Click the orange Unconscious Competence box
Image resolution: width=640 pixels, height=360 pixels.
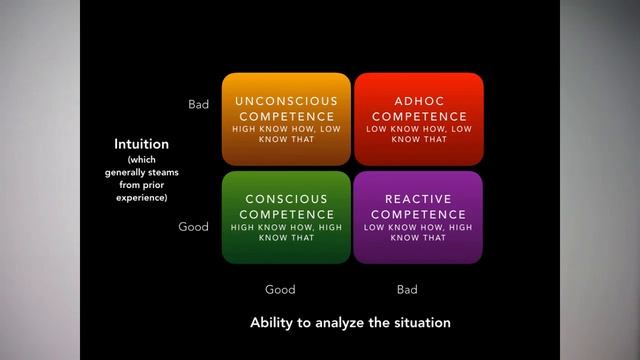click(x=285, y=119)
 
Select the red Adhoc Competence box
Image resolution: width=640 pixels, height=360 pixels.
click(x=419, y=119)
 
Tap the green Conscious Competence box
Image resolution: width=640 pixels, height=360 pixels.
click(x=285, y=218)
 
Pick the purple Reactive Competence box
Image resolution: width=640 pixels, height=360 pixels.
click(x=419, y=218)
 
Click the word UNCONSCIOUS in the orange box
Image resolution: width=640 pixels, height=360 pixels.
click(x=285, y=101)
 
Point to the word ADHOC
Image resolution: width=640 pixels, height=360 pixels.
click(x=419, y=101)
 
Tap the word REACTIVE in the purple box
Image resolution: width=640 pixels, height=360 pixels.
click(x=419, y=199)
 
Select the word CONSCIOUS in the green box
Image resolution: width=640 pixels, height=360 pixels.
click(x=285, y=199)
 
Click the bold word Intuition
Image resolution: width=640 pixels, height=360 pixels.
click(x=141, y=144)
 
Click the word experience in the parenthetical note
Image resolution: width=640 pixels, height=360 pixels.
click(x=141, y=197)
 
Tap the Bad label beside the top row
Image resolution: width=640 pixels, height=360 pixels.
click(x=198, y=104)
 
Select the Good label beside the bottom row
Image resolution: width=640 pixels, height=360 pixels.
click(x=193, y=227)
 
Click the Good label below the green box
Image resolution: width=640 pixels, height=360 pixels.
click(x=280, y=290)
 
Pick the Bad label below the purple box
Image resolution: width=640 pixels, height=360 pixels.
click(x=407, y=290)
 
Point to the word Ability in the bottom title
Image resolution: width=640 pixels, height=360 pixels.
click(x=271, y=323)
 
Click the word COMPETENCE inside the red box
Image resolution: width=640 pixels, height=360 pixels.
click(x=419, y=116)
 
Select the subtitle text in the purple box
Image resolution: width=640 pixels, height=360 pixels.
click(x=419, y=233)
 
